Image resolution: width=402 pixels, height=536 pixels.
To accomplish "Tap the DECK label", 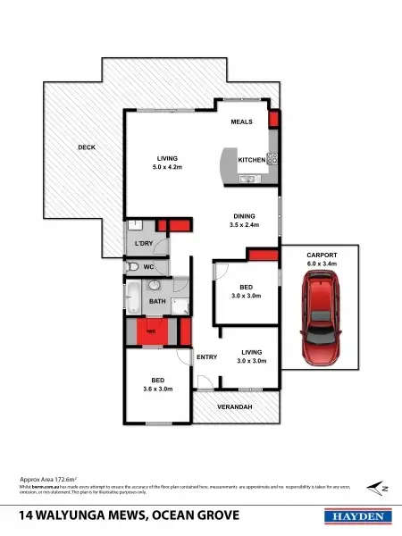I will pos(86,147).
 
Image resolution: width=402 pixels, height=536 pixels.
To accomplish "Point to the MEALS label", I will pos(242,121).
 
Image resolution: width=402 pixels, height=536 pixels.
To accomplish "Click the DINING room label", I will pos(245,215).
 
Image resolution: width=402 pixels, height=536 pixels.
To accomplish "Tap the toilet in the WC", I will pos(133,266).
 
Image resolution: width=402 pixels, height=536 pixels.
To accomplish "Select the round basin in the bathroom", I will pos(153,286).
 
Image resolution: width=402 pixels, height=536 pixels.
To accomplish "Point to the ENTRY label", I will pos(206,357).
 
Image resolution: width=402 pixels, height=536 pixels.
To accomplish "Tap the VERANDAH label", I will pos(237,407).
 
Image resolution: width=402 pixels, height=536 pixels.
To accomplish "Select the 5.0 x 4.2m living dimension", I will pos(168,166).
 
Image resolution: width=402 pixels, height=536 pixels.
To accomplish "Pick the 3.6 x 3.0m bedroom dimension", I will pos(156,389).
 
